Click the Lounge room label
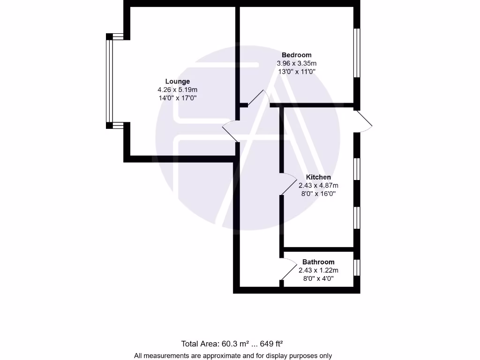(177, 81)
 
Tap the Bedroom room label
(296, 55)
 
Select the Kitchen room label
(318, 177)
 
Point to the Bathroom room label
(318, 262)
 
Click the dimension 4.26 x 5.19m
(177, 90)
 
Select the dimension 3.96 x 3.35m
(296, 63)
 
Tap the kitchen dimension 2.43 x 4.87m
(318, 185)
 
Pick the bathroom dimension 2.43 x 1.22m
(318, 270)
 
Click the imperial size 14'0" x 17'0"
(177, 98)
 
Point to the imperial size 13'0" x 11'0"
(296, 72)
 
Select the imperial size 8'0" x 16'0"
(318, 193)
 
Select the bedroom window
(357, 52)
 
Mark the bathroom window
(357, 267)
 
